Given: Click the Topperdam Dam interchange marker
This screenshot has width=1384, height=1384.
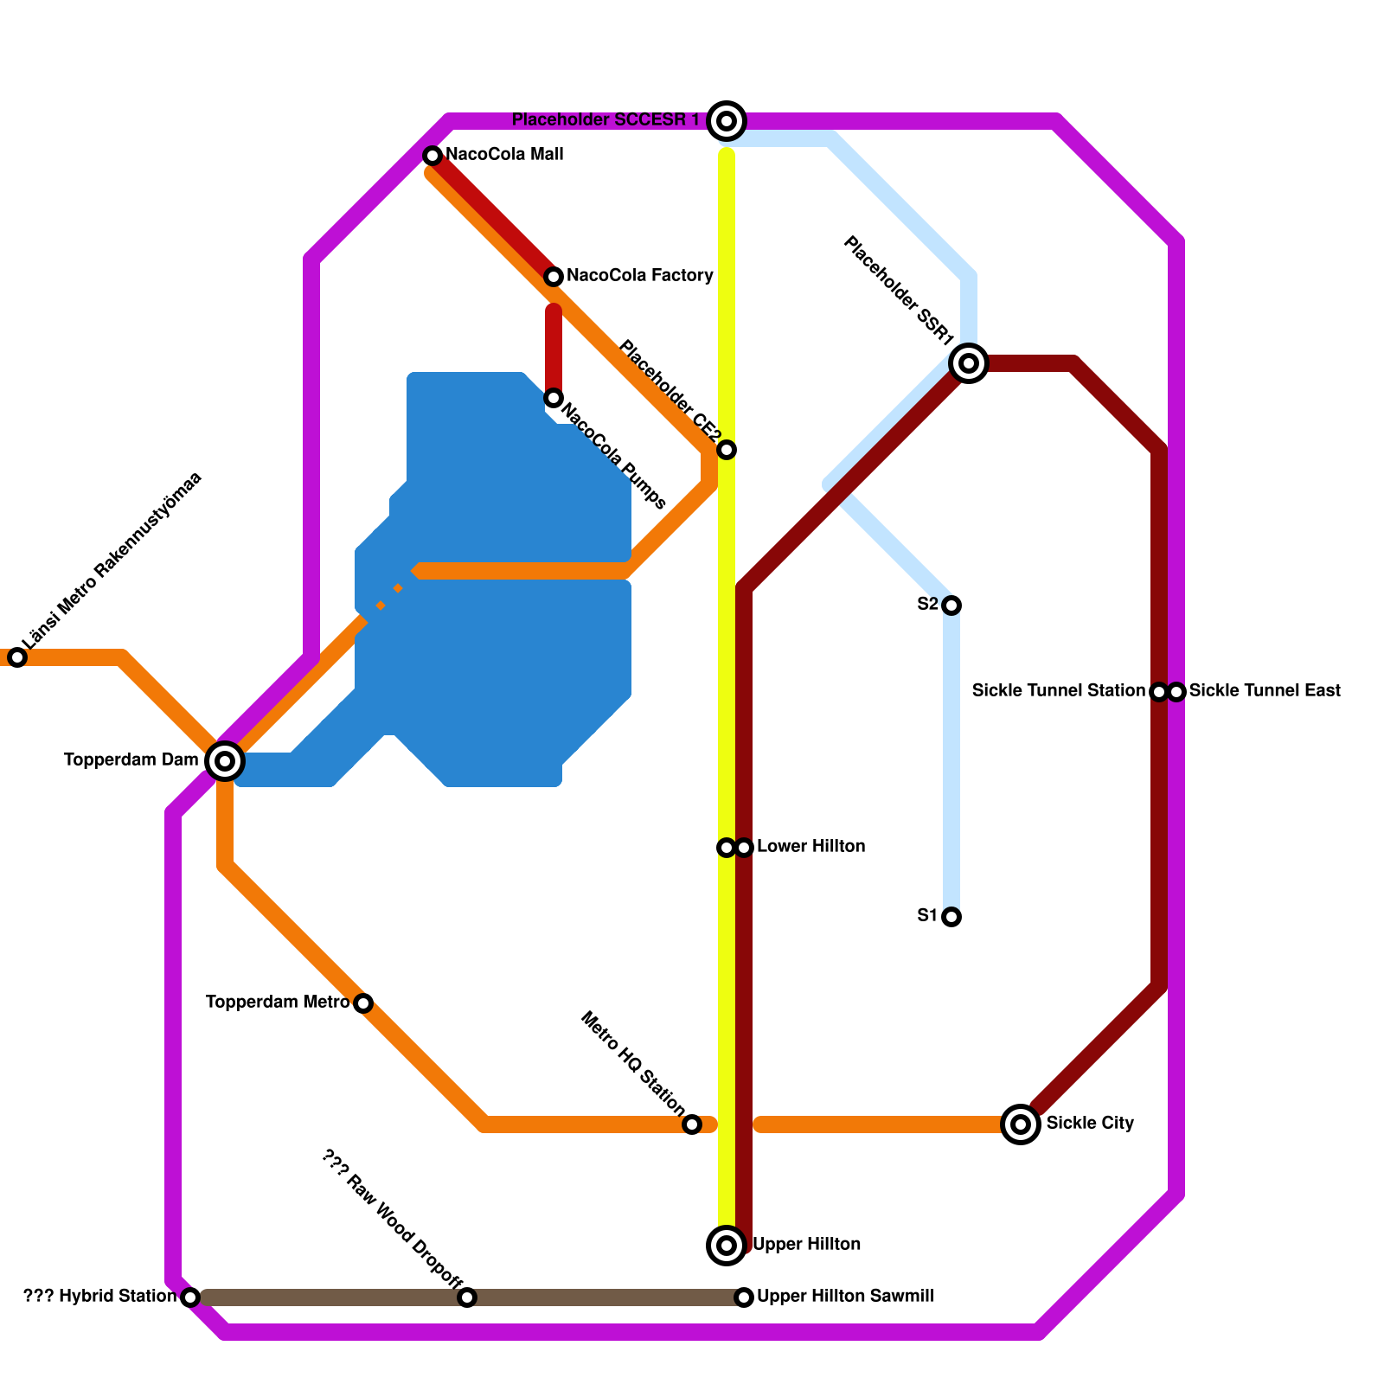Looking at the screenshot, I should (225, 761).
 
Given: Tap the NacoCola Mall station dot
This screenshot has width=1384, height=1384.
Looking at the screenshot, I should (432, 156).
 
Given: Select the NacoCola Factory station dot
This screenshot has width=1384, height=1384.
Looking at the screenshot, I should (554, 277).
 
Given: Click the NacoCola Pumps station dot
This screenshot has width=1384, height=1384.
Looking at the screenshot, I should (554, 398).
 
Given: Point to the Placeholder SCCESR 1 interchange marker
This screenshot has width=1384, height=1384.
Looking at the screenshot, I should (727, 121).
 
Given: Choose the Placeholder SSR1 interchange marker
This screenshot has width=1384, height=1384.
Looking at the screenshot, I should (969, 363).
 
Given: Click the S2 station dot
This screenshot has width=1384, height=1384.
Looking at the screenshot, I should (951, 605).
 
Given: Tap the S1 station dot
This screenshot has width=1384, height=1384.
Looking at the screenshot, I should (951, 917).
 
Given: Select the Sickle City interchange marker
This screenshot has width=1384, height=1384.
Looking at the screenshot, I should (1021, 1124).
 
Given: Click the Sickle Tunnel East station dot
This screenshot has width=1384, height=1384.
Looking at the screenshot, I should (1176, 692).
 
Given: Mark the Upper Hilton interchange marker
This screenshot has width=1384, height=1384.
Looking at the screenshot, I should (727, 1246).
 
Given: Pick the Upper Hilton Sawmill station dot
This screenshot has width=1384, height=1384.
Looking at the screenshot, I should (744, 1297).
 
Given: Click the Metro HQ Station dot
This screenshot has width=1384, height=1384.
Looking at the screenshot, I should (692, 1124).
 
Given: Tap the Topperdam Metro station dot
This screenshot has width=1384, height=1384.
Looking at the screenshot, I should (363, 1003).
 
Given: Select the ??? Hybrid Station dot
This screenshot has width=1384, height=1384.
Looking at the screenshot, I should (190, 1297).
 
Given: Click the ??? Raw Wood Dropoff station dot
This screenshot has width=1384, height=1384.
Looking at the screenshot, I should (467, 1297).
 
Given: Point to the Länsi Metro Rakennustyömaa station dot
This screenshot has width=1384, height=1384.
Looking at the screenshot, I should (17, 657).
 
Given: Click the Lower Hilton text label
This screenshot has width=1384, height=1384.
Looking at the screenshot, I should (811, 847).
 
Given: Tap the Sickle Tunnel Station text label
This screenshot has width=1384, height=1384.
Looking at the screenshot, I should (1058, 691).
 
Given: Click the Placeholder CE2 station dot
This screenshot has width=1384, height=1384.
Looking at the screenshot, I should (727, 450).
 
